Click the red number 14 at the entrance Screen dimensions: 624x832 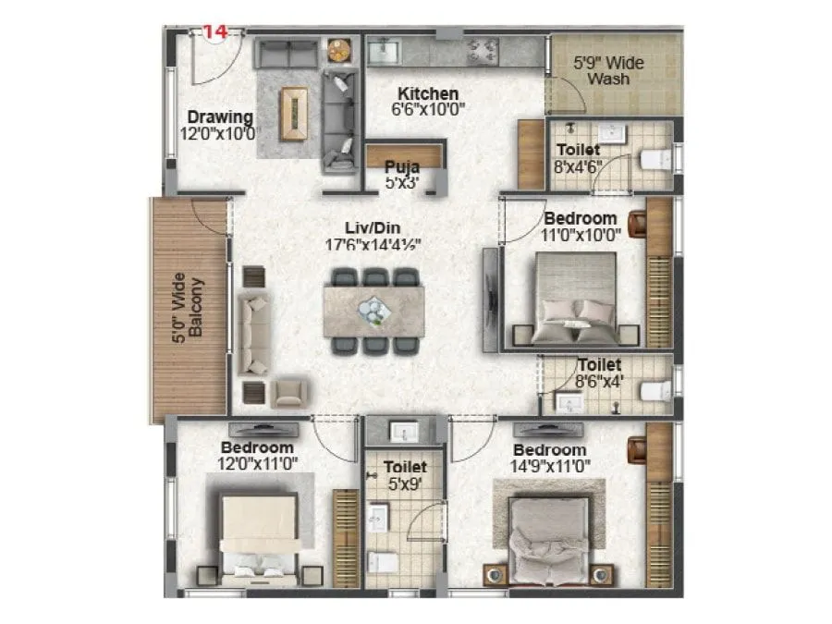(x=214, y=31)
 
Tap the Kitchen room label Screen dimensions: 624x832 (x=428, y=93)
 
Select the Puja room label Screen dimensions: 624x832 (x=402, y=167)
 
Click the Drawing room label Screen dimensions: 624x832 (x=220, y=117)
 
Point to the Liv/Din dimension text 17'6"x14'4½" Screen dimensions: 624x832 (x=373, y=246)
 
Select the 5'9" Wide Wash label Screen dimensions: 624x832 (x=609, y=71)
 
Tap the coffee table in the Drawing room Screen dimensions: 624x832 (x=296, y=113)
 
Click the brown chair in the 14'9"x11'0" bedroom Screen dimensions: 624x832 (x=636, y=448)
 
